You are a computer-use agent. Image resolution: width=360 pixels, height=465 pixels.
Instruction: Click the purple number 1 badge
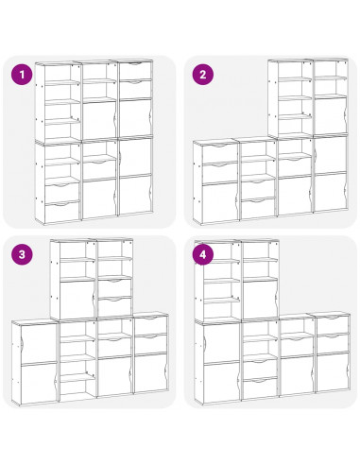click(x=22, y=75)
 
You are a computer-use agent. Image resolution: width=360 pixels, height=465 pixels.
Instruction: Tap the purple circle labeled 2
click(x=203, y=75)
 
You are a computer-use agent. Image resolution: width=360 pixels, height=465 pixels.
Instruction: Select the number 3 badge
click(x=22, y=254)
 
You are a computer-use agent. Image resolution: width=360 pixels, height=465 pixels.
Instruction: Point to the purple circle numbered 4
click(x=203, y=254)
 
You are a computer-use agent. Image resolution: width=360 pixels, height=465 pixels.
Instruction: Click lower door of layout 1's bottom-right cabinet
click(x=134, y=196)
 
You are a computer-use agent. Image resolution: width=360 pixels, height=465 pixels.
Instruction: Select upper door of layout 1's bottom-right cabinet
click(x=134, y=156)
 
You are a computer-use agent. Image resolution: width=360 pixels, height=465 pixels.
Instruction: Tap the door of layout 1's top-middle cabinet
click(x=98, y=119)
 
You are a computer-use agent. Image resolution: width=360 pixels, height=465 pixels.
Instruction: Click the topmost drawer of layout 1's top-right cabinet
click(x=135, y=72)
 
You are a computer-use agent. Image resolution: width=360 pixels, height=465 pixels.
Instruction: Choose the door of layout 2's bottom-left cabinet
click(x=219, y=202)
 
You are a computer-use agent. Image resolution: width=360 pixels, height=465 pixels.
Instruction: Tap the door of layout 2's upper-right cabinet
click(x=330, y=115)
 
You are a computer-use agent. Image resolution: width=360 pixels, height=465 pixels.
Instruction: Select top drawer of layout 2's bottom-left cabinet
click(x=219, y=154)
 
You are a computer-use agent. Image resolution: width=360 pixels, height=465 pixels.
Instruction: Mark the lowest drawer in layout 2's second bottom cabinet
click(x=258, y=208)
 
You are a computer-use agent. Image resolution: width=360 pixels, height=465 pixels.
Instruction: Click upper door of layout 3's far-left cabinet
click(x=39, y=342)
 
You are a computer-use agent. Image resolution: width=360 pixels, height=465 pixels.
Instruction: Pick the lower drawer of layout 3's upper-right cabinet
click(x=114, y=306)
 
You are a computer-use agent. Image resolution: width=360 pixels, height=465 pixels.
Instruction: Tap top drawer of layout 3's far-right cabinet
click(x=150, y=324)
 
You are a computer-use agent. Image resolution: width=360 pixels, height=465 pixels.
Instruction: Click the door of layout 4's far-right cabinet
click(x=332, y=371)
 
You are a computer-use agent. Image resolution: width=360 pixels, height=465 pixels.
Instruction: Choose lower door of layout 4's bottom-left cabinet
click(x=222, y=382)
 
